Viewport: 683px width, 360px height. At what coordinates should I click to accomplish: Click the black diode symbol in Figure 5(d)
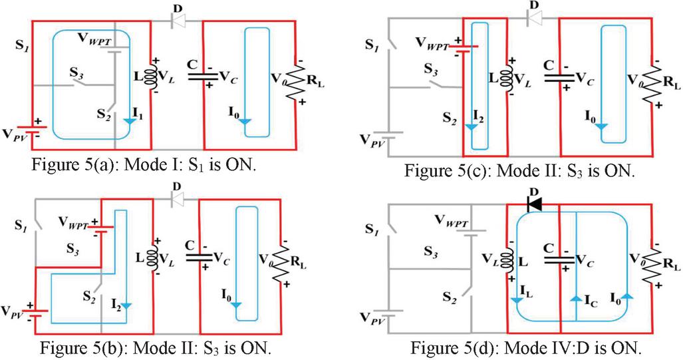534,204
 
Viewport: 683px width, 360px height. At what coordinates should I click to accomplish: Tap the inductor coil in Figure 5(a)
153,77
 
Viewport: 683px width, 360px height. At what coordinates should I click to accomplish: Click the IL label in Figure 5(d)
526,291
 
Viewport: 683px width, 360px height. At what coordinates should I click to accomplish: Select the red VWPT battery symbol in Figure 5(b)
100,228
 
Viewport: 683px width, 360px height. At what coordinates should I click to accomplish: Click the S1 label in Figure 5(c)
370,45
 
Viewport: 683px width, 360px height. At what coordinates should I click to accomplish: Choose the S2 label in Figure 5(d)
450,297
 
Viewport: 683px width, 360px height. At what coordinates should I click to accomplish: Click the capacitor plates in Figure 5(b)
199,257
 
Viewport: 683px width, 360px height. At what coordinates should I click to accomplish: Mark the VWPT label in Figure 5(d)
452,222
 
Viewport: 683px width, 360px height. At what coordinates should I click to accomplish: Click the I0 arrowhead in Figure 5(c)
602,127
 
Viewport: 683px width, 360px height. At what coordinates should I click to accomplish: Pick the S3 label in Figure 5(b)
72,250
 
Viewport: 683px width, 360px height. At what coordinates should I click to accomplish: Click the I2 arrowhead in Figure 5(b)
126,306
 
